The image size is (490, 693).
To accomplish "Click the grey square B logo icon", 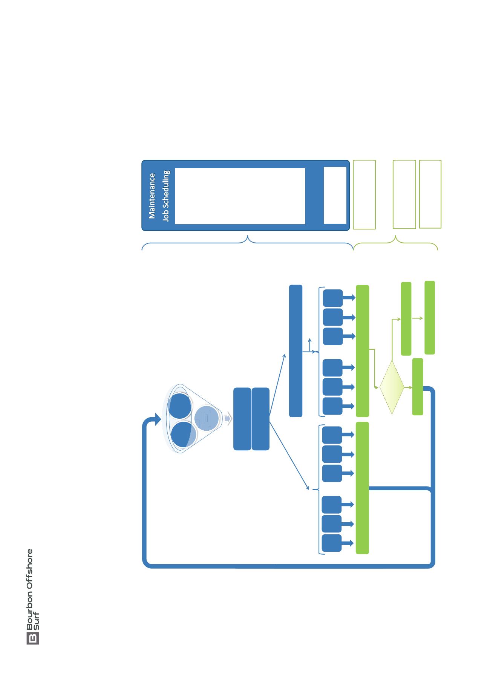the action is pyautogui.click(x=33, y=638).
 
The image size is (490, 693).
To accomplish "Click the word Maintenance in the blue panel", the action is pyautogui.click(x=152, y=196).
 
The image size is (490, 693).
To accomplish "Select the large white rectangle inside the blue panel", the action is pyautogui.click(x=240, y=196).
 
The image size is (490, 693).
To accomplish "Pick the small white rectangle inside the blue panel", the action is pyautogui.click(x=335, y=195).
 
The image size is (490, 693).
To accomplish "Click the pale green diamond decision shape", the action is pyautogui.click(x=392, y=387).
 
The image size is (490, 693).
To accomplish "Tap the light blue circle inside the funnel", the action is pyautogui.click(x=207, y=418).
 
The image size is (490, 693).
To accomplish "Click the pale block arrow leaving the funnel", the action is pyautogui.click(x=227, y=419).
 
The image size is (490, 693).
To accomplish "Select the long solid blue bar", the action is pyautogui.click(x=296, y=351).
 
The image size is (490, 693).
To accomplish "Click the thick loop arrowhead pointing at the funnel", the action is pyautogui.click(x=156, y=419).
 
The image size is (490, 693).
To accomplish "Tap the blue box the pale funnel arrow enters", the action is pyautogui.click(x=242, y=419).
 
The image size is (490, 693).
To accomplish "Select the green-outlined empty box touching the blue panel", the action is pyautogui.click(x=364, y=194).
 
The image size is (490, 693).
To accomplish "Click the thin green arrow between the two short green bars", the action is pyautogui.click(x=418, y=318).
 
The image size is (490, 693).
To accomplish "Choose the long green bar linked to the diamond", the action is pyautogui.click(x=362, y=351).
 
